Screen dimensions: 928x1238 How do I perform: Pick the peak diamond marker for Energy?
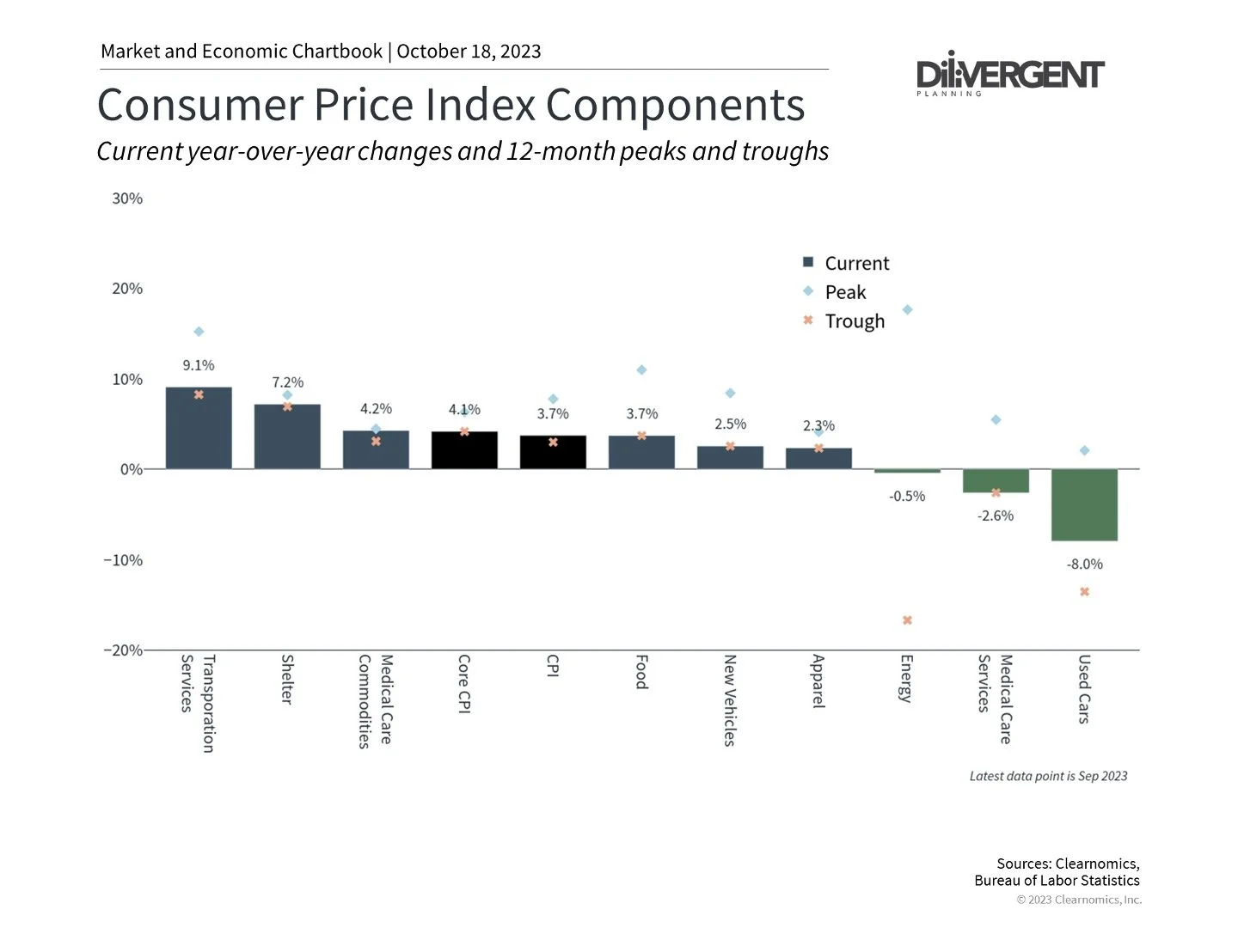[907, 309]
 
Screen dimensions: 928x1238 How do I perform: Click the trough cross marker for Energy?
[907, 620]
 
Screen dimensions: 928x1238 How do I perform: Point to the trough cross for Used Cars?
[1084, 591]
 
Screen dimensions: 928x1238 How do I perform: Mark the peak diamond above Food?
[641, 369]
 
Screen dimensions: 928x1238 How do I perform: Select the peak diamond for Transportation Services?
[199, 332]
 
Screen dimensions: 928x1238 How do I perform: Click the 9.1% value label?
[199, 365]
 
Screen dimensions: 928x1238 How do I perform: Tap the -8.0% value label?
[1084, 564]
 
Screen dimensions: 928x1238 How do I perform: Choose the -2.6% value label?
[996, 516]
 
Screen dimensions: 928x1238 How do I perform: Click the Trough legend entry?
[854, 321]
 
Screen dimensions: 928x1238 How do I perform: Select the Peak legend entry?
[845, 292]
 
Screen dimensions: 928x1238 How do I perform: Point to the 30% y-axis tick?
[127, 198]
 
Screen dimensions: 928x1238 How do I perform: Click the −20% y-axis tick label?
[123, 650]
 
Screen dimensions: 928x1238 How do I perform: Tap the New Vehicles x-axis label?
[729, 699]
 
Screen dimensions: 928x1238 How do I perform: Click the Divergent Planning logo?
[1010, 74]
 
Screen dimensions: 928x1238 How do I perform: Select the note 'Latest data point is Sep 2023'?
[1048, 776]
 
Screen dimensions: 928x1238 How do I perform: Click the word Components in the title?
[675, 105]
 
